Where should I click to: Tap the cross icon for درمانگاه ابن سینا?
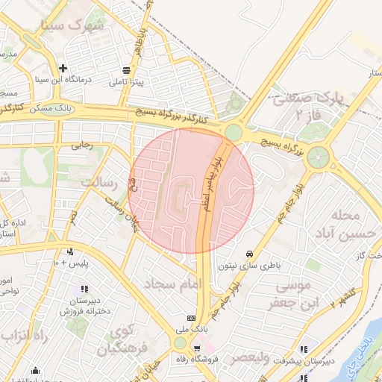(63, 68)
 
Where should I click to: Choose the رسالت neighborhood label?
(99, 182)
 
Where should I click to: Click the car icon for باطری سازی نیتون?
(248, 253)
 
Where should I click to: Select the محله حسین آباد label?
(344, 225)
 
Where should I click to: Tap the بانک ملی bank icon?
(190, 317)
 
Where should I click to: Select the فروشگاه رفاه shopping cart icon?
(197, 348)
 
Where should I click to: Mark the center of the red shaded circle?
(192, 190)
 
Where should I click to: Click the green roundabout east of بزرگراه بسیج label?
(318, 157)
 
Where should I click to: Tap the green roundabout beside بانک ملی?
(180, 342)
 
